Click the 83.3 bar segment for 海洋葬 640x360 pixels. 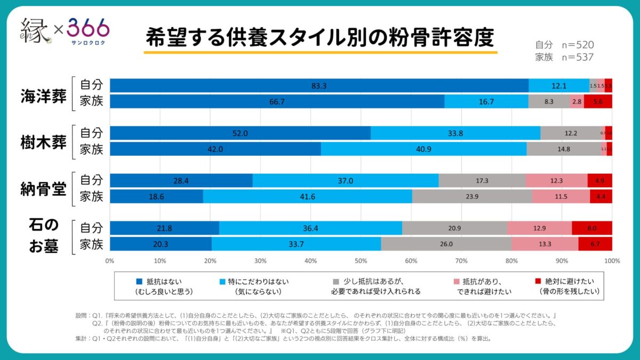(x=319, y=85)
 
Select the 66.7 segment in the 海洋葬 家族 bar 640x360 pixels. (x=277, y=101)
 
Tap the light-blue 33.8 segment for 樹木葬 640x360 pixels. (x=455, y=133)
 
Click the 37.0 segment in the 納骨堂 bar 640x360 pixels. (x=345, y=181)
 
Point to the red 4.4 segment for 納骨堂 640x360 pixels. (x=601, y=196)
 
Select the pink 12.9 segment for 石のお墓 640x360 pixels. (x=539, y=228)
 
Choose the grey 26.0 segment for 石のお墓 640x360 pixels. (x=446, y=244)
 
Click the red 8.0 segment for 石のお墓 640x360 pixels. (x=591, y=228)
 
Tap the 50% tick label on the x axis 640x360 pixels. (x=361, y=261)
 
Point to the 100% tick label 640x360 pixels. (x=612, y=261)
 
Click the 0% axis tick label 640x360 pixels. (x=110, y=261)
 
